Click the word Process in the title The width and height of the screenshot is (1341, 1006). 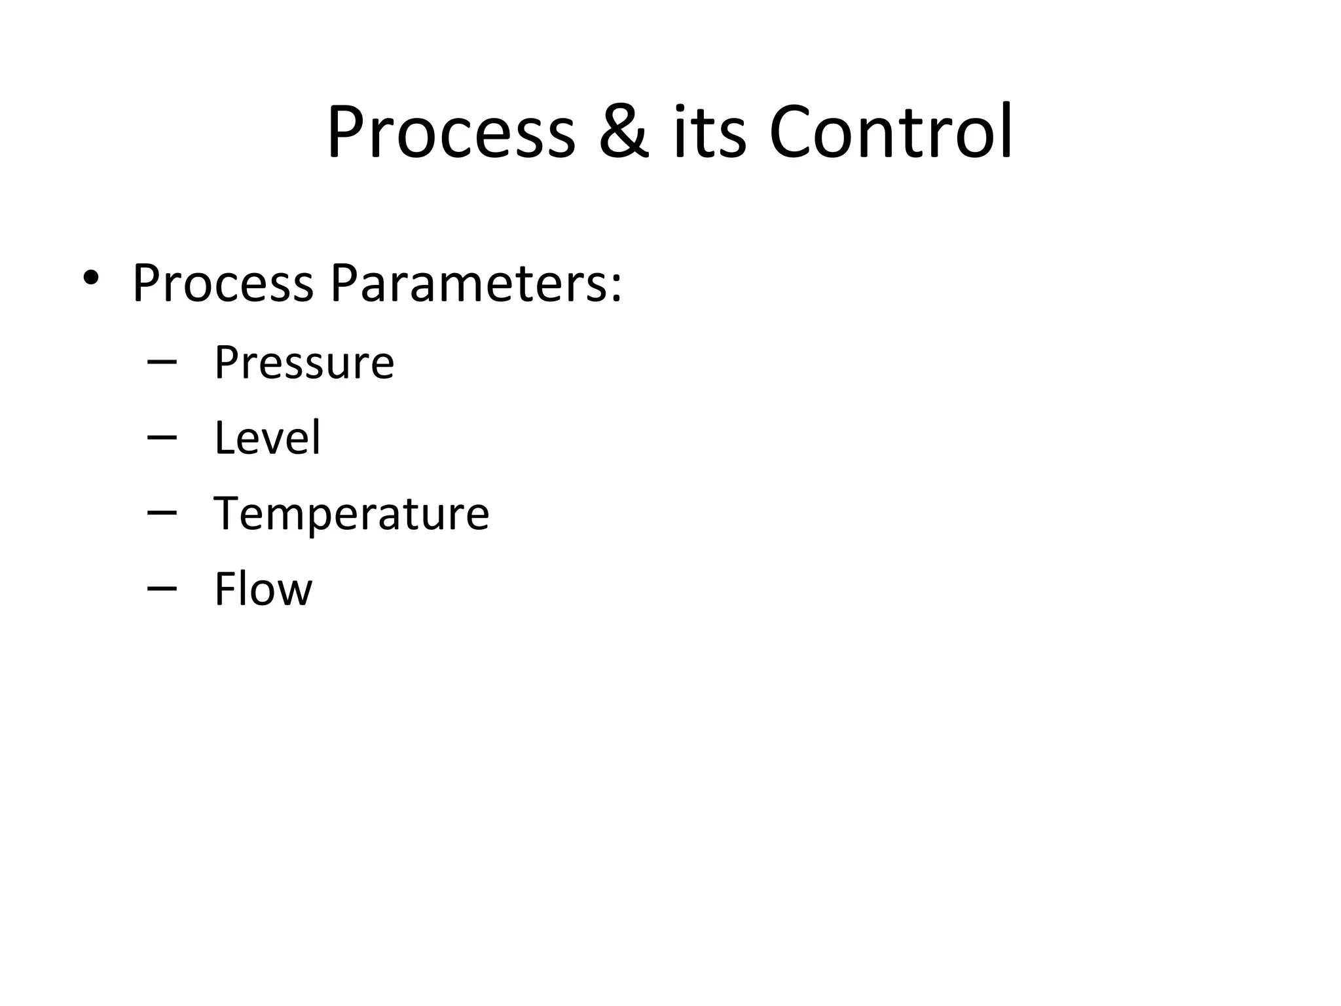click(x=451, y=133)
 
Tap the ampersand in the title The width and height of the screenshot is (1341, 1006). click(x=624, y=133)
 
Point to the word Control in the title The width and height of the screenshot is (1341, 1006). click(x=891, y=133)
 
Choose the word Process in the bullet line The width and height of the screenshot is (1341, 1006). click(x=223, y=284)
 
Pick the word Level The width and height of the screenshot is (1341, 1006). click(x=267, y=438)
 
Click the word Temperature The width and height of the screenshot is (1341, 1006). click(x=351, y=513)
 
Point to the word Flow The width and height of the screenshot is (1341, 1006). click(x=263, y=589)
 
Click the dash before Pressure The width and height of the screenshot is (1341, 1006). click(x=162, y=362)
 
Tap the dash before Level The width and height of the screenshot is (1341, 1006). click(x=162, y=438)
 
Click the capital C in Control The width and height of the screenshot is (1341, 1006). click(x=792, y=133)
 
